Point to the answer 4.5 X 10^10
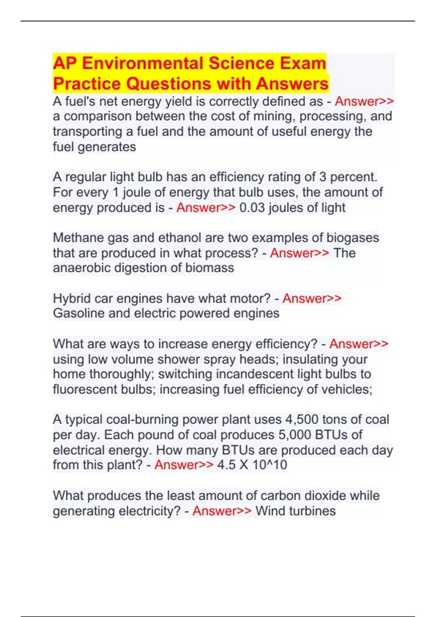252,465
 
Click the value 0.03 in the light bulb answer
252,208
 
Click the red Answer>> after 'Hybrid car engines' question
312,298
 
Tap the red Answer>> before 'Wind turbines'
222,511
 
